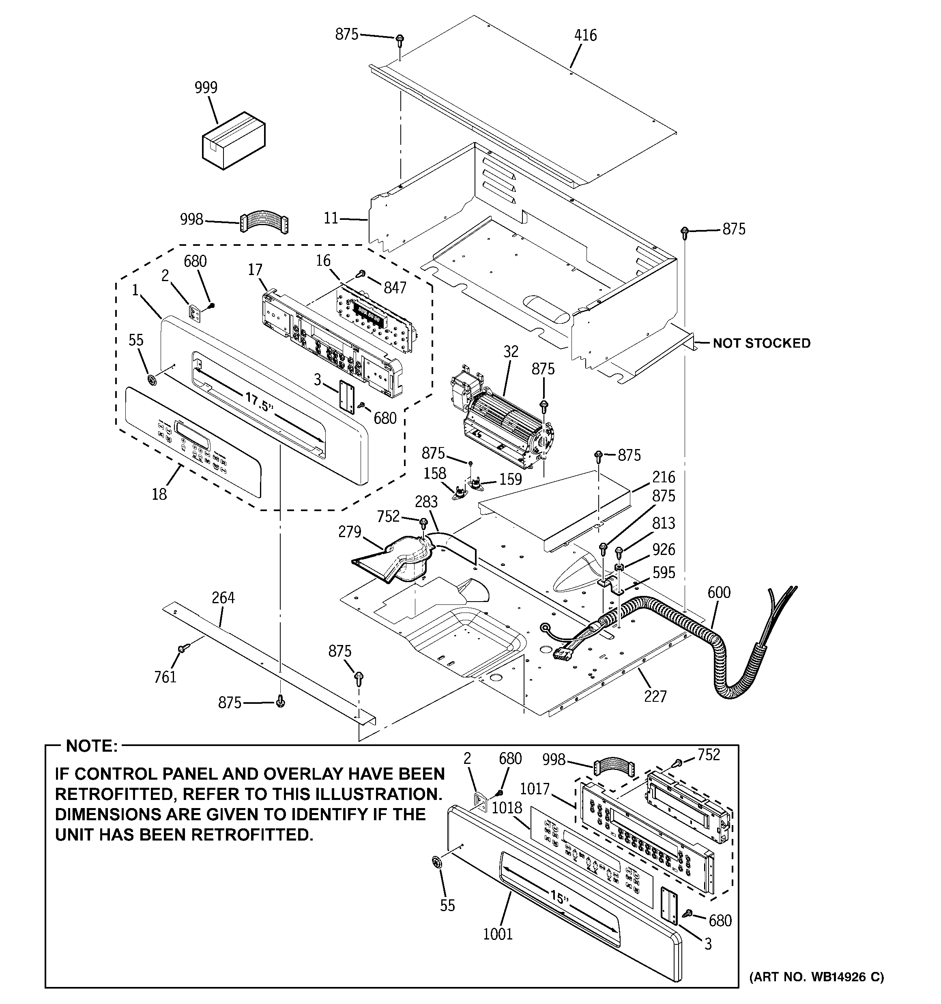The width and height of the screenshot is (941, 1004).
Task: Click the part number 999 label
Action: point(206,88)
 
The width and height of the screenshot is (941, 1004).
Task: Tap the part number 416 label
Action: point(585,35)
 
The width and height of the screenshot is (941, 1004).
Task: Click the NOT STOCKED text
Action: point(761,344)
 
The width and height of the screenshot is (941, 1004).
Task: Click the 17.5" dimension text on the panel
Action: point(260,402)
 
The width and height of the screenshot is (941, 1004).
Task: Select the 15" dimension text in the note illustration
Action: point(560,897)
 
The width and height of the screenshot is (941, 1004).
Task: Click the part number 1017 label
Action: point(535,789)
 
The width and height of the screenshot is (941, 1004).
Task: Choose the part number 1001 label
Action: point(498,934)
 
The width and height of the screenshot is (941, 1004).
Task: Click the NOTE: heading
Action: point(92,746)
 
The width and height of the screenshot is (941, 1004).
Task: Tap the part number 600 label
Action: point(719,592)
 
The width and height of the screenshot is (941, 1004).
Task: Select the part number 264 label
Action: point(223,598)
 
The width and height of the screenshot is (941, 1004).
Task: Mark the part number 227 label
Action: point(655,697)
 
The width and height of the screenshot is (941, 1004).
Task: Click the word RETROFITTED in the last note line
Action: point(240,835)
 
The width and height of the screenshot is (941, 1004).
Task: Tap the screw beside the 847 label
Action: point(362,273)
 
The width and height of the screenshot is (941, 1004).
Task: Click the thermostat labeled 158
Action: point(460,491)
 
